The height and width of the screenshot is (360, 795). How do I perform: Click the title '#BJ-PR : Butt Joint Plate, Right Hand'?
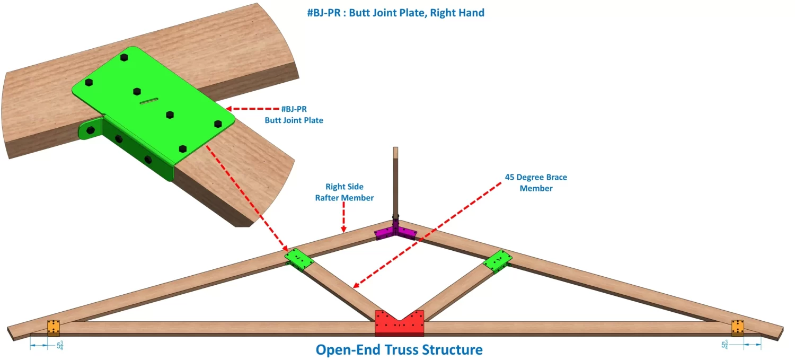[395, 13]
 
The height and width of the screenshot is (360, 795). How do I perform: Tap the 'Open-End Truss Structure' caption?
[399, 350]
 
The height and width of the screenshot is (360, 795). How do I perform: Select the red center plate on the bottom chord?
[399, 323]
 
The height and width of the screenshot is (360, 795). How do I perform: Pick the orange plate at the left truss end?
[54, 328]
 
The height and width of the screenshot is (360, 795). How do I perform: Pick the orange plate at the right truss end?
[738, 328]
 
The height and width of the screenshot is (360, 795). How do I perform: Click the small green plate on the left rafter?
[299, 259]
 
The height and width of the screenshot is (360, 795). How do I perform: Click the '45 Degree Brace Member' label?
[536, 182]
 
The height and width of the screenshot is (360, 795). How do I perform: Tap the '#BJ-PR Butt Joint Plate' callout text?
[294, 115]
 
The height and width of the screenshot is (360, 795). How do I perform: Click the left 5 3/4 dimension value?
[59, 345]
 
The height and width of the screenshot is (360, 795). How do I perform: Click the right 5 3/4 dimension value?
[725, 345]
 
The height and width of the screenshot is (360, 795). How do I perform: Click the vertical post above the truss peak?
[395, 180]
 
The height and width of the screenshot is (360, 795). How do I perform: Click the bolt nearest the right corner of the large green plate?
[218, 124]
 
